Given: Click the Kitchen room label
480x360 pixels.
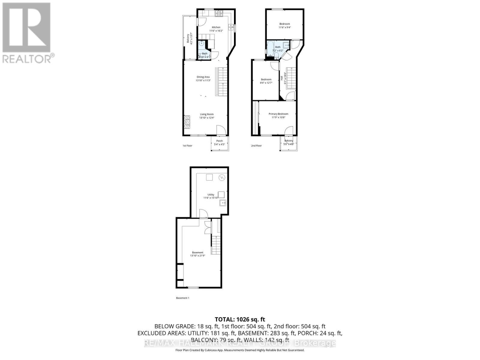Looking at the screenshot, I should (216, 27).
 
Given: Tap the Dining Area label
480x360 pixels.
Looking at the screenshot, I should (203, 77).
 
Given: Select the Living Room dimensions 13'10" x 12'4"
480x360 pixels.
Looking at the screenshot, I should (207, 118).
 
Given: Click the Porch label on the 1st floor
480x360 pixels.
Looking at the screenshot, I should (220, 141).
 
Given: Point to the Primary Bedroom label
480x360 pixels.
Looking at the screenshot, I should (278, 114).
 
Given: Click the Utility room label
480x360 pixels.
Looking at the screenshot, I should (211, 195).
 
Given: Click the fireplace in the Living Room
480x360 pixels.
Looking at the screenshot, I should (187, 122).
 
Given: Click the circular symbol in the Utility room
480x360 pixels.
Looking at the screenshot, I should (222, 177).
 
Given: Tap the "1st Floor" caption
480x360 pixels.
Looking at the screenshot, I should (187, 146).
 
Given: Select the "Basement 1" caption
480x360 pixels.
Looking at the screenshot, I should (182, 298).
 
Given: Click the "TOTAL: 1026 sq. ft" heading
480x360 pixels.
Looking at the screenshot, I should (240, 319).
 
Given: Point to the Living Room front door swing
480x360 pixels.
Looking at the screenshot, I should (220, 130).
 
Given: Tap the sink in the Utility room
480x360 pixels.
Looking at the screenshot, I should (223, 203).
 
